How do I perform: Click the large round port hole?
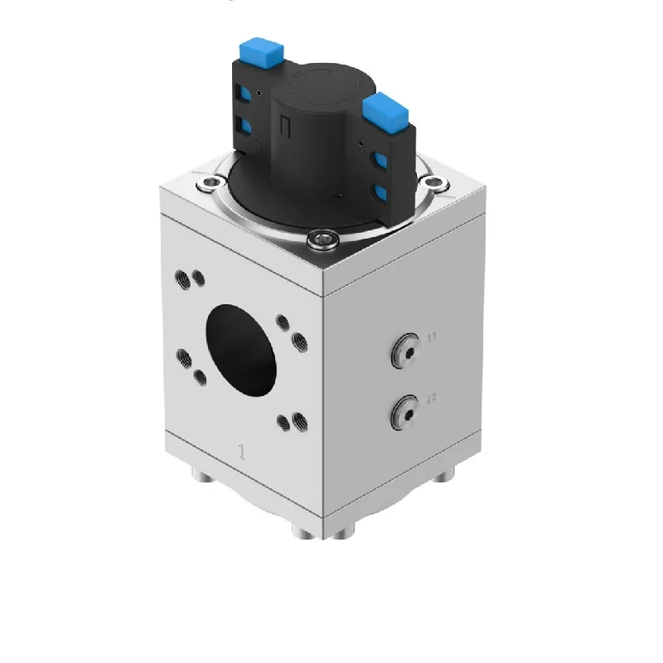(240, 348)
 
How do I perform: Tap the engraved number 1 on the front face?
(242, 452)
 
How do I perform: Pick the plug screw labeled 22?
(406, 409)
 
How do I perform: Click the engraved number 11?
(431, 337)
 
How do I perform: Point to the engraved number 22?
(431, 399)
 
